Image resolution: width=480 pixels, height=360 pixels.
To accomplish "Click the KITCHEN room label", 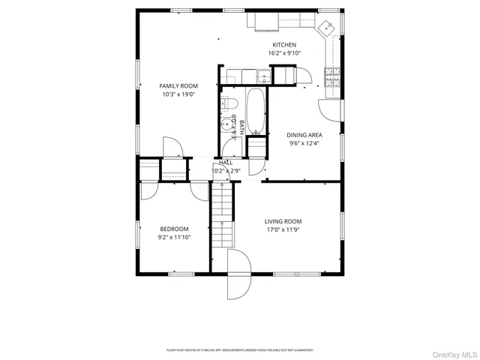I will click(x=283, y=45).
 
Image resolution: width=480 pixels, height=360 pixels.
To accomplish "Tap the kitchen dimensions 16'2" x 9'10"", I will click(x=283, y=53).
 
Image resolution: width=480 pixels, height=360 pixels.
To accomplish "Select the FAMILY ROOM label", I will click(x=178, y=86).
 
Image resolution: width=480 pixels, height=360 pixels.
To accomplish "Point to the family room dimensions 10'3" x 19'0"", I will click(x=178, y=94).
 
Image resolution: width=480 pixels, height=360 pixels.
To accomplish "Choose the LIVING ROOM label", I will click(x=283, y=221).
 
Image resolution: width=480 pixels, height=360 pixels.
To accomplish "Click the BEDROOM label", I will click(x=174, y=229).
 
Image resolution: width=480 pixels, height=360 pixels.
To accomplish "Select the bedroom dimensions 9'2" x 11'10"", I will click(x=174, y=237).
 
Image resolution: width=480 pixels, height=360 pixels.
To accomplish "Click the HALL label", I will click(x=226, y=162).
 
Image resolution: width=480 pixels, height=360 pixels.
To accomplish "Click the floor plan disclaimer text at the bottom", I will click(x=240, y=349).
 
